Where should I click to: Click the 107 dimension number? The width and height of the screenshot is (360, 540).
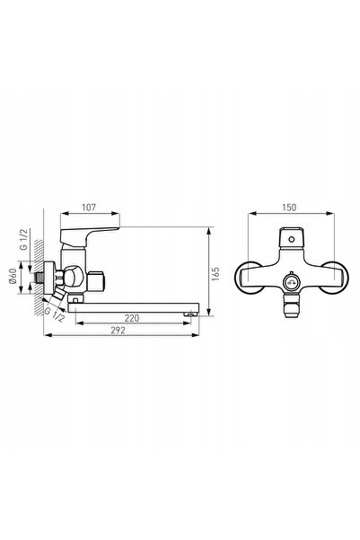89,208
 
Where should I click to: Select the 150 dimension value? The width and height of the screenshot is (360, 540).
289,208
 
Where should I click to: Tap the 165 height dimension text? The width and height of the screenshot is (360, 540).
215,274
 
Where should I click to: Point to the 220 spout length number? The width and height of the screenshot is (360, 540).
132,318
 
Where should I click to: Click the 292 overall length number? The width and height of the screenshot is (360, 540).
118,331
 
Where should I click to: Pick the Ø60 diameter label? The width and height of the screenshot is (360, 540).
13,276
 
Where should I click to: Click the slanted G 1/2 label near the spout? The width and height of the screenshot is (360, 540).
55,314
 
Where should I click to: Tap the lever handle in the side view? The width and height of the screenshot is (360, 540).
89,236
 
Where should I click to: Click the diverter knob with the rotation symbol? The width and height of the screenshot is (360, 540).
291,283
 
